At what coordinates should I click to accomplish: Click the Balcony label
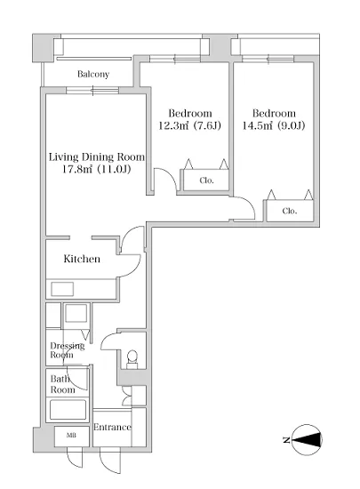click(x=93, y=74)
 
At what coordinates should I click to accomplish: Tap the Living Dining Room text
click(x=97, y=156)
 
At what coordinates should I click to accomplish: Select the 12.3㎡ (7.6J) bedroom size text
click(x=189, y=125)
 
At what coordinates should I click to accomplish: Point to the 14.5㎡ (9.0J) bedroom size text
click(x=274, y=125)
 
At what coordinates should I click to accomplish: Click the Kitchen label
click(x=82, y=259)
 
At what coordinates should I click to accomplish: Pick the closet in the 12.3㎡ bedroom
click(x=206, y=180)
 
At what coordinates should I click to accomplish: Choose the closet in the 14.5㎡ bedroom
click(x=290, y=211)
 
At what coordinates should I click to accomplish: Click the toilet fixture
click(x=132, y=359)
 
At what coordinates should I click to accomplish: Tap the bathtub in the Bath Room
click(x=68, y=410)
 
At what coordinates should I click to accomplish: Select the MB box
click(x=72, y=436)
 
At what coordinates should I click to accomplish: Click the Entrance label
click(x=112, y=427)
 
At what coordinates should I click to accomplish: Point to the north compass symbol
click(x=307, y=440)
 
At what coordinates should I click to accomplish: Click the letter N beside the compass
click(x=286, y=440)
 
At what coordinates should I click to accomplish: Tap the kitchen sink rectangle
click(x=62, y=289)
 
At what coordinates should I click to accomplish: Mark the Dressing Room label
click(x=68, y=350)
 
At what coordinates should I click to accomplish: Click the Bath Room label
click(x=62, y=384)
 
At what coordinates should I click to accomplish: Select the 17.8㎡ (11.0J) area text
click(x=96, y=169)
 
